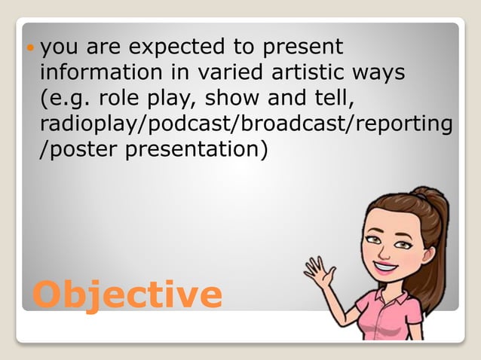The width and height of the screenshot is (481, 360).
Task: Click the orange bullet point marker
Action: point(30,48)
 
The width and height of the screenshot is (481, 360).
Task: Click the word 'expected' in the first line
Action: point(170,48)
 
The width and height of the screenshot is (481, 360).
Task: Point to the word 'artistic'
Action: point(291,74)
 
